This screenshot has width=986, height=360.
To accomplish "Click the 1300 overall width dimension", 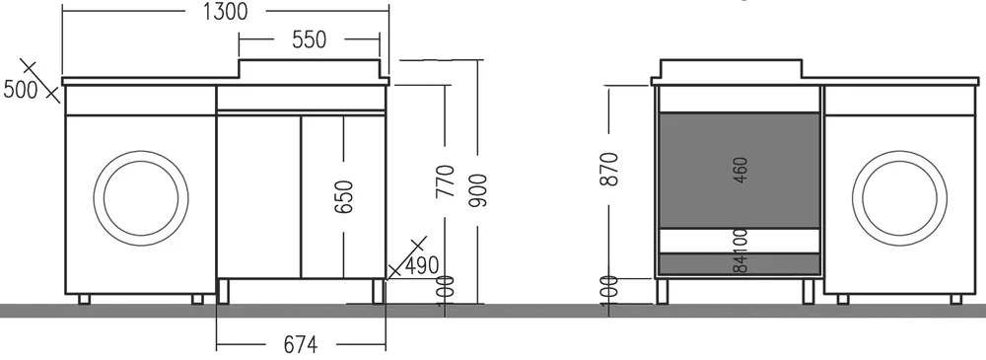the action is pos(226,11).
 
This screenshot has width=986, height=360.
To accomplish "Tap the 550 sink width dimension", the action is pos(310,39).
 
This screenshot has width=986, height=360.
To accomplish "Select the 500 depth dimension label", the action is pos(21,90).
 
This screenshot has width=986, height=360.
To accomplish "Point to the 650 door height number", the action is pos(344,197).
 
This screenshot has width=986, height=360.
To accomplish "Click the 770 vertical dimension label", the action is pos(446,181).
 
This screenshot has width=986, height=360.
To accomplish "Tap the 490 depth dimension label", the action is pos(421,265).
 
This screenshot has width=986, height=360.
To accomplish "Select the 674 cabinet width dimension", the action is pos(301,345).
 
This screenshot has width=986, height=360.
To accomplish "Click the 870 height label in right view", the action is pos(609,169).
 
